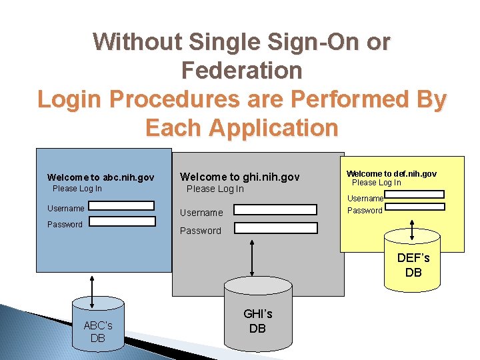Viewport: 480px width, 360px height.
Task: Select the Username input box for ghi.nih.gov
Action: [275, 209]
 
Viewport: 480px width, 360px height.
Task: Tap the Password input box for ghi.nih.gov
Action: [275, 227]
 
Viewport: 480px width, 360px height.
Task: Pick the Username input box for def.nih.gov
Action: [415, 195]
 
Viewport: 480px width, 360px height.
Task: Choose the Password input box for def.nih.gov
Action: [415, 207]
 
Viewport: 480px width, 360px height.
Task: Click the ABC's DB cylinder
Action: [98, 327]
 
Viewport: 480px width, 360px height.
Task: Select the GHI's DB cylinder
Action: [257, 316]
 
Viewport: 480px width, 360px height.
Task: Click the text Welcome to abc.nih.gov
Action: [101, 177]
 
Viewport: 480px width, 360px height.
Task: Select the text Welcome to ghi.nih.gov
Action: [240, 177]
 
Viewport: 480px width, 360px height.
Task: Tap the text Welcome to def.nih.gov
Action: [391, 173]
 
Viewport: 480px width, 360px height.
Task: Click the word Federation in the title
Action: [241, 70]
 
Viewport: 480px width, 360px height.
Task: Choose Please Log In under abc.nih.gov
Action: [77, 188]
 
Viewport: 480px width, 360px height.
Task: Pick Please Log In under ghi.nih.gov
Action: [215, 189]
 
